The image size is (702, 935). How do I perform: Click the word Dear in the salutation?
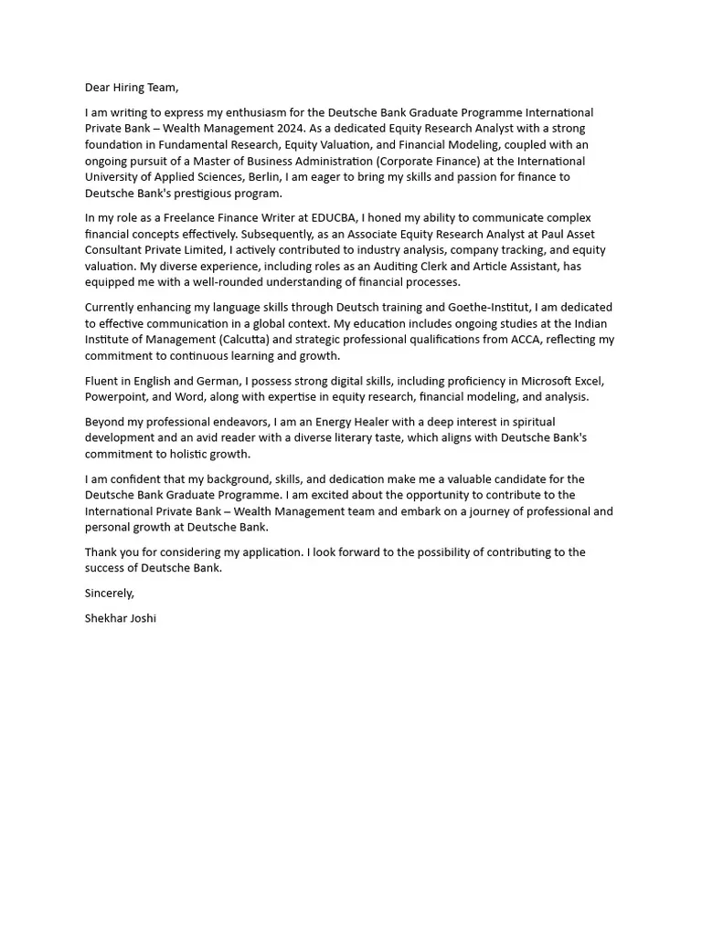(98, 88)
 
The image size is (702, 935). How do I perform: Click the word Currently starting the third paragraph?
(113, 308)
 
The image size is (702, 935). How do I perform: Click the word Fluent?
(102, 381)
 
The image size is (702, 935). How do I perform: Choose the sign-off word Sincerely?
(109, 593)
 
